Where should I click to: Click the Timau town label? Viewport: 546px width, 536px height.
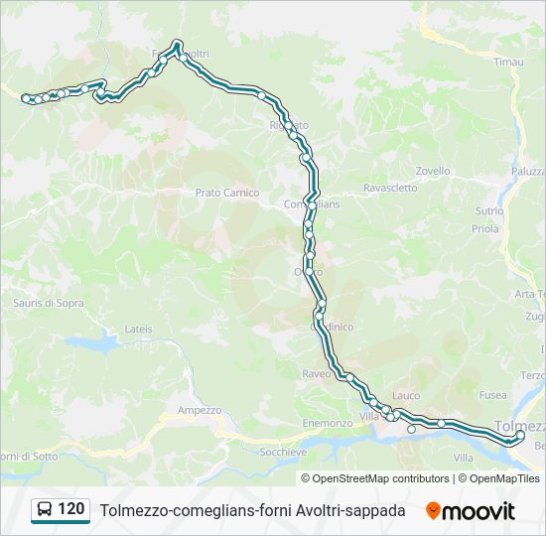507,62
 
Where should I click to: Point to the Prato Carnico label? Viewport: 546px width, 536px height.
226,193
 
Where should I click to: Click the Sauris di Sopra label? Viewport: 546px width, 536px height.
49,303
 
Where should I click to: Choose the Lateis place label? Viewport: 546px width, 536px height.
139,328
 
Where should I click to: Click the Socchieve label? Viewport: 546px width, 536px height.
282,451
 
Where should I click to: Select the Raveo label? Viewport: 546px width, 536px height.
316,374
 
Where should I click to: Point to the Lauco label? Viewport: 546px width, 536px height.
406,395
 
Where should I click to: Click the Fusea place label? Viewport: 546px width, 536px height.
492,394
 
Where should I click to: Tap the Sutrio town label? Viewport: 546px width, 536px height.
488,210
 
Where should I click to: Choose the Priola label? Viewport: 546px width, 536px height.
485,228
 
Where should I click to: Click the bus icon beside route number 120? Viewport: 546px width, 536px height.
45,510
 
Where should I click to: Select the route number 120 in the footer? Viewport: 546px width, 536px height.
71,509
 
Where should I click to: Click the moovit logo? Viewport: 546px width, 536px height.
471,511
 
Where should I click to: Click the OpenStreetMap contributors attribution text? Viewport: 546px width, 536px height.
380,478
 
